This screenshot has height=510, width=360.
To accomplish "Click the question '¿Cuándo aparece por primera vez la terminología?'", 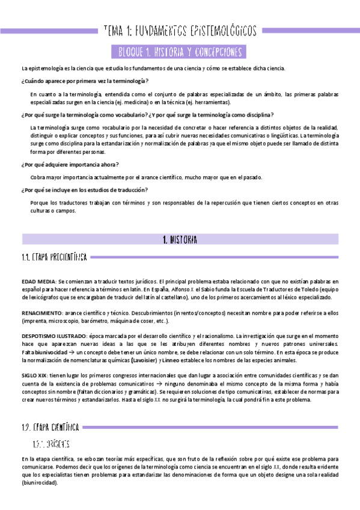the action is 85,81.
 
